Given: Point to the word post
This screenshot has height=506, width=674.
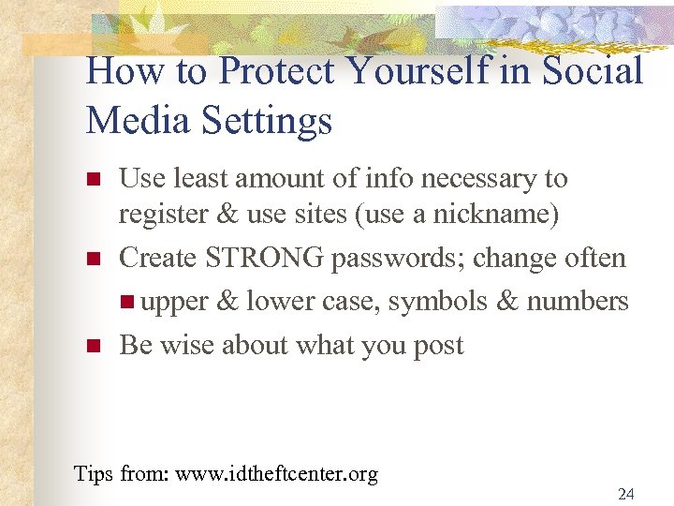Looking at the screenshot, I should click(x=437, y=346).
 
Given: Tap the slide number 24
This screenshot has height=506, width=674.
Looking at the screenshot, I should click(x=625, y=495).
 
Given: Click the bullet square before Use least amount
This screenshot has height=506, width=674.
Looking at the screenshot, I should click(x=92, y=178).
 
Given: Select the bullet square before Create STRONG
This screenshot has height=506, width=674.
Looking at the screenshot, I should click(x=92, y=258).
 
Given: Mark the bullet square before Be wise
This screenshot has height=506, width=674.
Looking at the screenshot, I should click(x=92, y=345).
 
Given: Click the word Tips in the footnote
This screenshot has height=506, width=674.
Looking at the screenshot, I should click(x=94, y=474).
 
